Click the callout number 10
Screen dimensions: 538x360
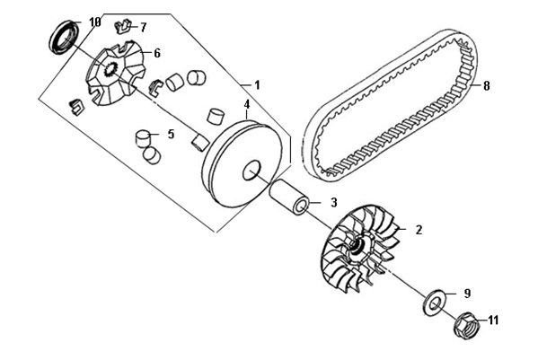click(x=95, y=22)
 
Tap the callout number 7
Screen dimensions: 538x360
click(x=143, y=27)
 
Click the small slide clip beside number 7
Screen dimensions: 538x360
click(x=123, y=26)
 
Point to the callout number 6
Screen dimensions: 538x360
click(x=157, y=53)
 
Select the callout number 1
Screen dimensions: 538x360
click(x=257, y=84)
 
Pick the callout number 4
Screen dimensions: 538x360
click(x=247, y=104)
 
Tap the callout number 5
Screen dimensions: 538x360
click(x=171, y=134)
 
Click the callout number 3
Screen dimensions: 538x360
click(x=334, y=203)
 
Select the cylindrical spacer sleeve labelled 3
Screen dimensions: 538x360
click(x=290, y=197)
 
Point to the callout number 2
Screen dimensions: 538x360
click(x=419, y=230)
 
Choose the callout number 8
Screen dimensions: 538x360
click(x=487, y=85)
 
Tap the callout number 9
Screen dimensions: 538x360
click(x=467, y=294)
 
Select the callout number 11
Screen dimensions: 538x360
click(x=493, y=320)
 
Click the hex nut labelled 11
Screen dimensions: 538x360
click(x=467, y=325)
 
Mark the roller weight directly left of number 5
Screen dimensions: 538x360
click(x=144, y=139)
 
